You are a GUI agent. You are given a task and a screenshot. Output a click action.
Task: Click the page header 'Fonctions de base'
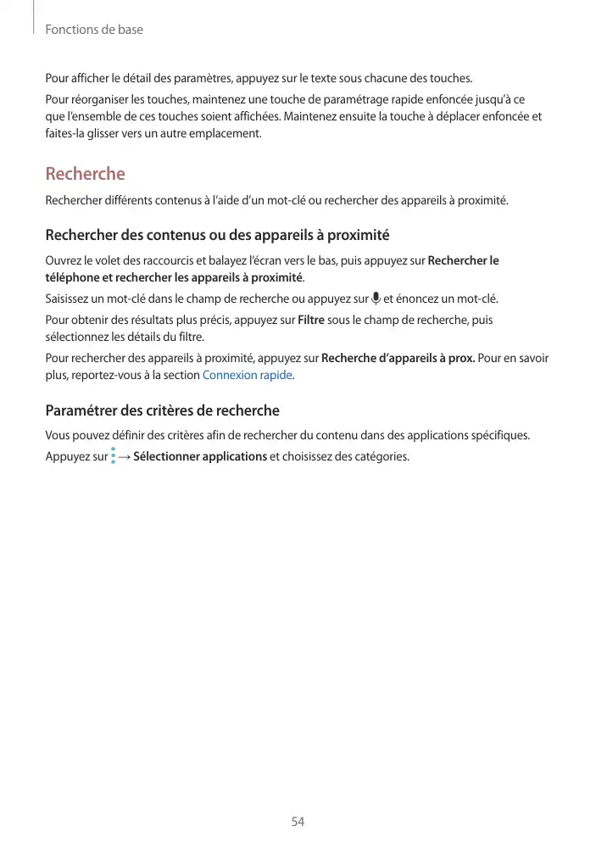click(x=94, y=30)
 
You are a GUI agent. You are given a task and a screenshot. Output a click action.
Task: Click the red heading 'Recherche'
click(x=85, y=174)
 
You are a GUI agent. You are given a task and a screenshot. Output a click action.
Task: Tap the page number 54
click(x=298, y=822)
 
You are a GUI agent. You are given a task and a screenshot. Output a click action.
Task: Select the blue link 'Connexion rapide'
click(x=248, y=375)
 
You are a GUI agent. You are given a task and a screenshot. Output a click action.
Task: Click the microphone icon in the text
click(x=376, y=299)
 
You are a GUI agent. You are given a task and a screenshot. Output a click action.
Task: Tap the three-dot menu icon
click(x=113, y=457)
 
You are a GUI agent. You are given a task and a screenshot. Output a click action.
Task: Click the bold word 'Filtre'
click(x=311, y=320)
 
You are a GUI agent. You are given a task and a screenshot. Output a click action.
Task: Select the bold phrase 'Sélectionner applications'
click(x=200, y=457)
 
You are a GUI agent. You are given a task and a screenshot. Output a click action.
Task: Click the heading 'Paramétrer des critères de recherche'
click(x=162, y=411)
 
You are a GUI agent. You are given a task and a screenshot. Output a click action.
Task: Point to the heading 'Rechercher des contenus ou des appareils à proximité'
click(x=217, y=235)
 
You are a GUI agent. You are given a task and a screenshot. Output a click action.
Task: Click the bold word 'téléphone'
click(x=72, y=277)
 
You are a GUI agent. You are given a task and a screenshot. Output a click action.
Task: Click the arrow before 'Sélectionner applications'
click(x=125, y=457)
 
